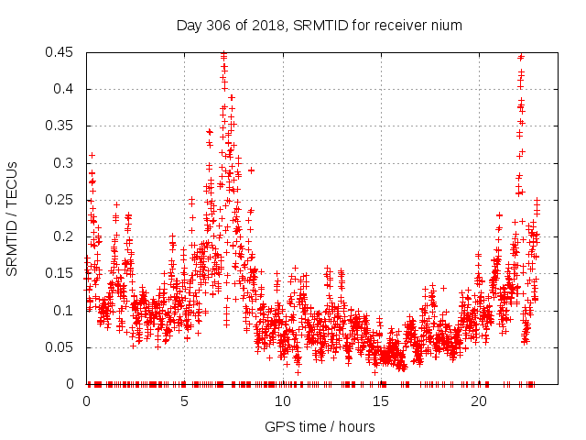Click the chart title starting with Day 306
tap(319, 26)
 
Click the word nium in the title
tap(447, 26)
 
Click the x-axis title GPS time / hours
tap(319, 426)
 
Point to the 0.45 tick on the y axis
tap(62, 52)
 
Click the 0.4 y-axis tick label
tap(66, 89)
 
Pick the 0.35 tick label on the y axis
tap(62, 126)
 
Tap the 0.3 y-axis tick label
tap(66, 163)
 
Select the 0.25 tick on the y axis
tap(62, 200)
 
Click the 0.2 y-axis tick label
tap(66, 236)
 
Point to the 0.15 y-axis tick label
tap(62, 273)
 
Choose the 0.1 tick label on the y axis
tap(66, 310)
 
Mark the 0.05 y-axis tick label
tap(62, 346)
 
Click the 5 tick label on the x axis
tap(184, 401)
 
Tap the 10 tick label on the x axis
tap(283, 401)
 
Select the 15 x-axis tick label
tap(381, 401)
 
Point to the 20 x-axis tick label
tap(479, 401)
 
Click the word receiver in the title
tap(404, 26)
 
